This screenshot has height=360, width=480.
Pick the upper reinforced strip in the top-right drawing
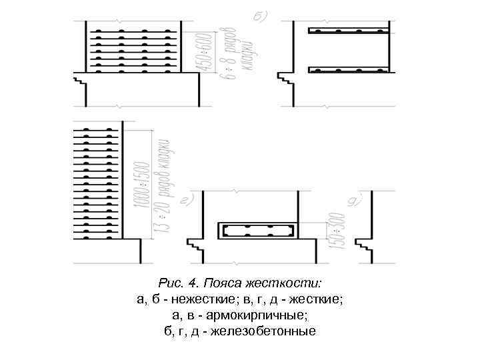click(x=348, y=31)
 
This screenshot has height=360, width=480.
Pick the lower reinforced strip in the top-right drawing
click(x=348, y=69)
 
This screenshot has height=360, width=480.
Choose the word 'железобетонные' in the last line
click(x=271, y=331)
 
